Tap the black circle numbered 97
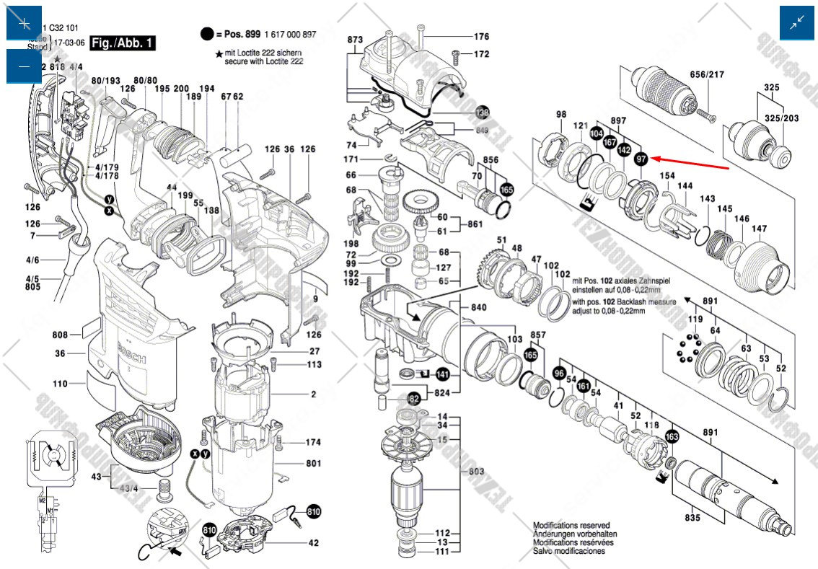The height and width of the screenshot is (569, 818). [640, 158]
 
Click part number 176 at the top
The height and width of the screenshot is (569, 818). [481, 37]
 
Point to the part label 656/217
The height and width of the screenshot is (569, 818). [708, 74]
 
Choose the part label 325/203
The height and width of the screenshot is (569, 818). [781, 118]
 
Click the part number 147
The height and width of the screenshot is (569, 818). [759, 229]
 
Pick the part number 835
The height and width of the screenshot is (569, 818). [692, 518]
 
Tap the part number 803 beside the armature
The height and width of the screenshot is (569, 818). [476, 470]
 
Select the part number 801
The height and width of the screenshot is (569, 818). [313, 463]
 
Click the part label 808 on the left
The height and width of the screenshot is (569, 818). [60, 335]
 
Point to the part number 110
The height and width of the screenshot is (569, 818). [60, 384]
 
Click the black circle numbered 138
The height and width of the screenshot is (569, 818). [483, 113]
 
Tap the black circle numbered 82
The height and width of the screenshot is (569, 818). [414, 397]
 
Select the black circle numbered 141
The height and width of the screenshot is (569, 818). [442, 374]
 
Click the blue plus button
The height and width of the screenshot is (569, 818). [24, 23]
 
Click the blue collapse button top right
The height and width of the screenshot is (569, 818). [796, 23]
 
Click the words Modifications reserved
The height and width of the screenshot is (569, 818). [571, 526]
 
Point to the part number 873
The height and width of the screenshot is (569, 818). [354, 40]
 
